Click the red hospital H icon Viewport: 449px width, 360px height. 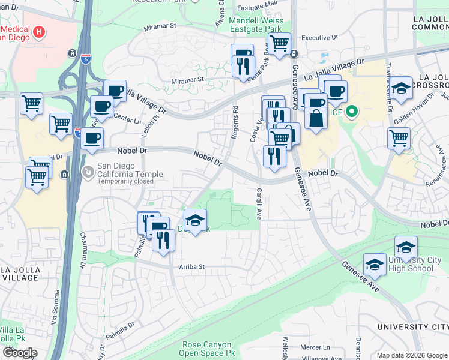coord(40,31)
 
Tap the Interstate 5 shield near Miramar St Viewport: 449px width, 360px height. coord(86,59)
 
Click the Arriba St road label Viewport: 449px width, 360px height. coord(192,266)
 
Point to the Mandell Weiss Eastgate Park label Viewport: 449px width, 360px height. coord(255,23)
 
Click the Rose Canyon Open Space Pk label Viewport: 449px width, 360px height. coord(209,349)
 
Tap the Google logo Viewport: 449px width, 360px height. coord(20,353)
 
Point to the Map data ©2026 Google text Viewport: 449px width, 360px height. coord(411,355)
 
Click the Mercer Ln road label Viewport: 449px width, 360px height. coord(316,347)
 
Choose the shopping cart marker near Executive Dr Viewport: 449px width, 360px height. coord(279,43)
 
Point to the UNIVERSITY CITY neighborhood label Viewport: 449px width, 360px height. coord(412,326)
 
